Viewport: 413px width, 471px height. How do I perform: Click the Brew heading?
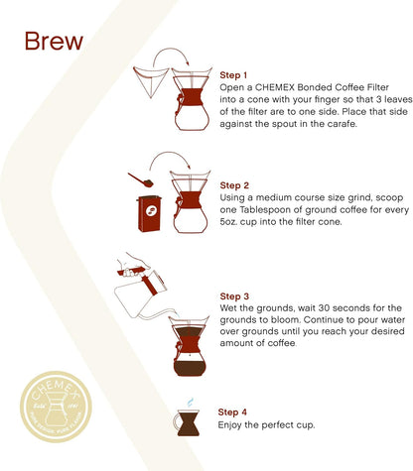[54, 41]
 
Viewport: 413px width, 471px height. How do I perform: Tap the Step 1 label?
[233, 75]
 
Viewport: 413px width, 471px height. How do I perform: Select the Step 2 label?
[234, 185]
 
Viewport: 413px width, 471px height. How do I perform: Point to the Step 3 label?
[234, 296]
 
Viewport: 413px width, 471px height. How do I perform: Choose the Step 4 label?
[232, 412]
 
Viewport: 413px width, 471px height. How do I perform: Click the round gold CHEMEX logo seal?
[56, 407]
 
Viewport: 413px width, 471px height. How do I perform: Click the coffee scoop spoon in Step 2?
[141, 179]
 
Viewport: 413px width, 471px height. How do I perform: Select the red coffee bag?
[149, 213]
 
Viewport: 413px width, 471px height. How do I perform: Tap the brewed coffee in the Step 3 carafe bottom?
[190, 368]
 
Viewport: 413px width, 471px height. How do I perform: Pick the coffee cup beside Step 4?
[187, 422]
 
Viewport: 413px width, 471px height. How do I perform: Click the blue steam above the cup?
[190, 403]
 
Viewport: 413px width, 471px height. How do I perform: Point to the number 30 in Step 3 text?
[325, 308]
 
